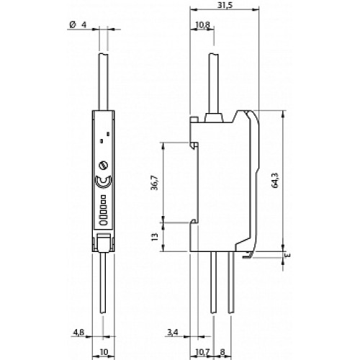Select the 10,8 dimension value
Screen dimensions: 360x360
(203, 27)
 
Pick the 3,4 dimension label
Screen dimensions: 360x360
(173, 332)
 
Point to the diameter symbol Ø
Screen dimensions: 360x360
(73, 27)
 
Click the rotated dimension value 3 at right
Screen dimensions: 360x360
(286, 254)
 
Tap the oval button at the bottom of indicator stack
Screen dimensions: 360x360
(103, 222)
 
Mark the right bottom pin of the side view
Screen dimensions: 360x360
(231, 288)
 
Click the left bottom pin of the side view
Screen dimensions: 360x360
(213, 288)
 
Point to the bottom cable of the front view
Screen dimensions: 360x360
(104, 288)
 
